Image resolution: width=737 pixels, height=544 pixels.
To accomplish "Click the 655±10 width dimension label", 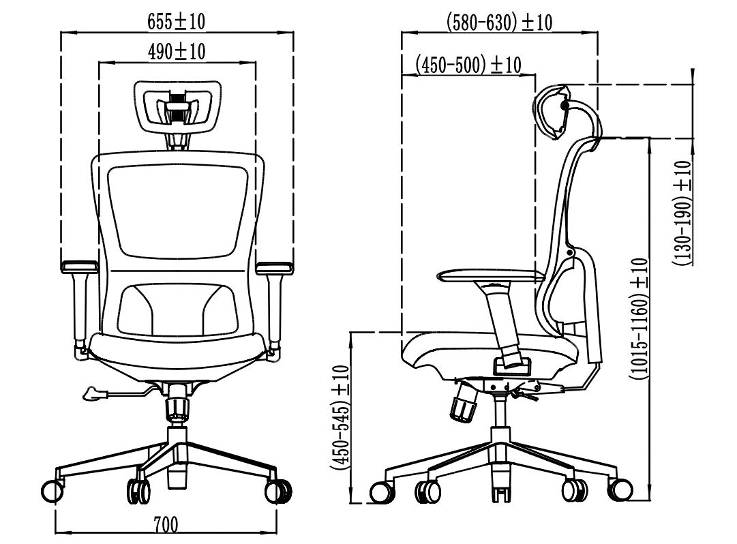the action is click(x=177, y=22).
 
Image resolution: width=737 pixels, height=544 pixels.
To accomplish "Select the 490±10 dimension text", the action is click(x=177, y=52).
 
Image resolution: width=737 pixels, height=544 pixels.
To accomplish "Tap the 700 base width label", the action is click(x=166, y=525).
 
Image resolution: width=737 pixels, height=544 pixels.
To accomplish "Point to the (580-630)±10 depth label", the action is click(x=499, y=22).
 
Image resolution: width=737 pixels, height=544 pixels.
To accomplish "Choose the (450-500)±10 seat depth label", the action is click(x=468, y=65).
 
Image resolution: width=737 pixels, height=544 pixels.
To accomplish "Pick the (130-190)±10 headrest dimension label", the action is click(x=682, y=213).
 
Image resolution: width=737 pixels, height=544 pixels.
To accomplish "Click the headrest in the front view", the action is click(x=178, y=108).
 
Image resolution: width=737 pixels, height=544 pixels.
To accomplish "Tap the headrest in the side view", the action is click(x=550, y=112).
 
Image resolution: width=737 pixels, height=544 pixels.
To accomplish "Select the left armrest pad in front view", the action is click(x=80, y=267).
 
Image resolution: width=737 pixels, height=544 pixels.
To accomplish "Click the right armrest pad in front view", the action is click(x=275, y=267).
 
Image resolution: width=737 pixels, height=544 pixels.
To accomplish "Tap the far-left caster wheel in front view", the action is click(x=52, y=491).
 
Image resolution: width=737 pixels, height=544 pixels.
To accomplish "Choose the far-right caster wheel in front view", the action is click(x=278, y=492).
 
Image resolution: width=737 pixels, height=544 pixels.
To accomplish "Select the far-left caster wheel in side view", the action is click(x=382, y=492).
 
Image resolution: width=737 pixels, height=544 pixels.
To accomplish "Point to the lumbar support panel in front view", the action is click(x=177, y=309).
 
